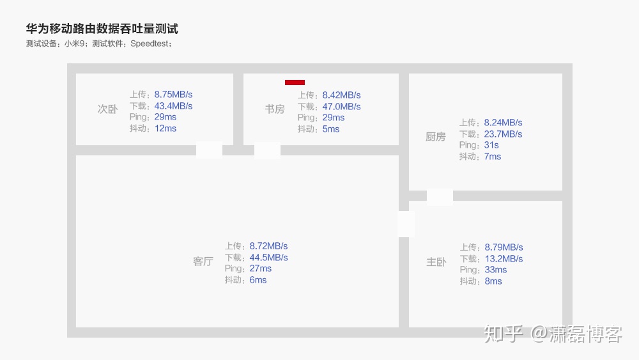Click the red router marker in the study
coord(295,82)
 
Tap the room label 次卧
coord(107,109)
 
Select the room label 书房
coord(275,109)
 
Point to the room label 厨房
coord(435,137)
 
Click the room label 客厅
coord(203,262)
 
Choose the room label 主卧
coord(436,262)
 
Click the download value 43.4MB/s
coord(173,106)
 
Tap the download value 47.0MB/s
coord(341,107)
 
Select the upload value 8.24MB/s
coord(503,123)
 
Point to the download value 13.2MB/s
coord(504,259)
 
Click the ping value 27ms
coord(261,269)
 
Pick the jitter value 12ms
coord(165,129)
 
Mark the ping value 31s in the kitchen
coord(491,145)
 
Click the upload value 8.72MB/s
coord(268,246)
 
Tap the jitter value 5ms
coord(331,129)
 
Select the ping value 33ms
coord(495,270)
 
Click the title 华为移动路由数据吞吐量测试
coord(102,29)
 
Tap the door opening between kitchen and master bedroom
coord(440,196)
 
